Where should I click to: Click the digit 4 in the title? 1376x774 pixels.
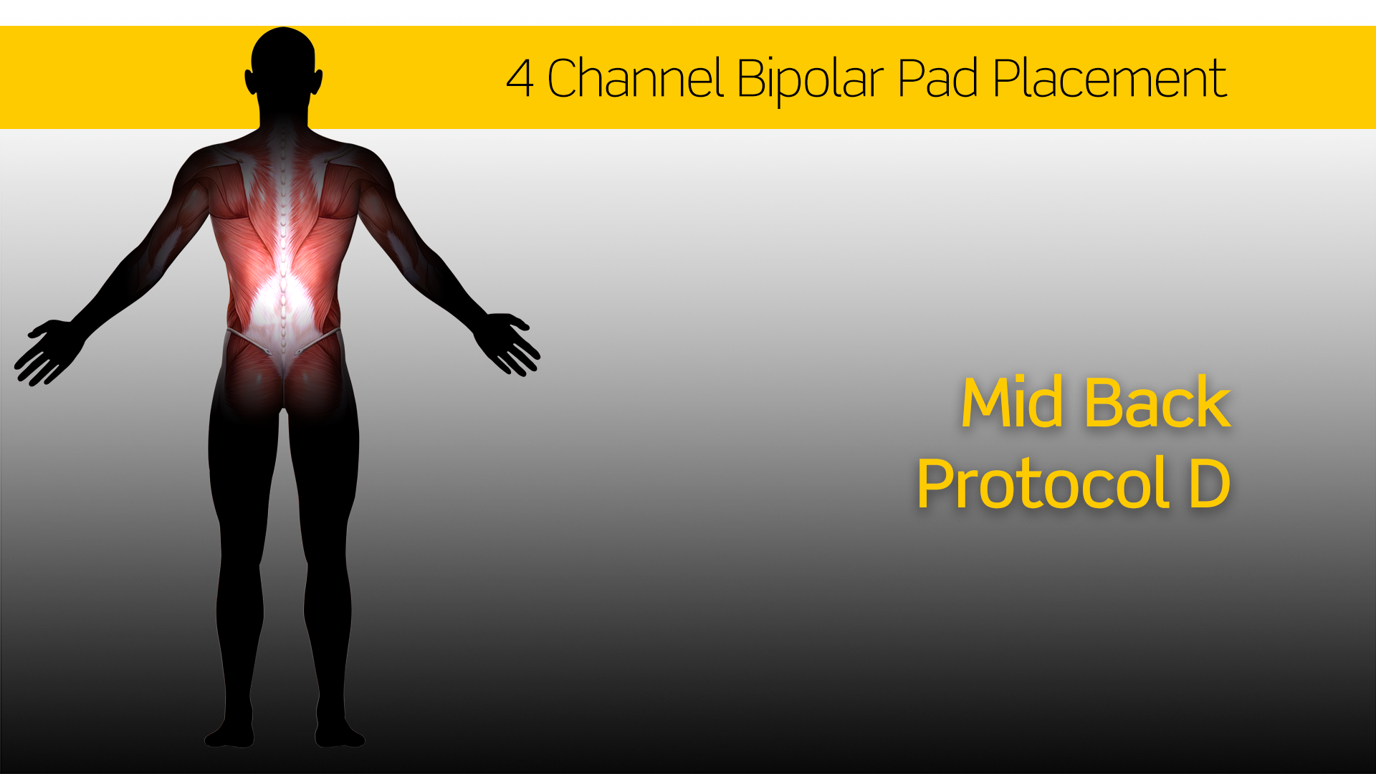point(520,78)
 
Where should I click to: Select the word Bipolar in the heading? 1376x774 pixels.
point(810,80)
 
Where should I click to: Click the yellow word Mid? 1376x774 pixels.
point(1012,403)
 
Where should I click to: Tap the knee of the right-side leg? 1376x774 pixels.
point(328,573)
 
